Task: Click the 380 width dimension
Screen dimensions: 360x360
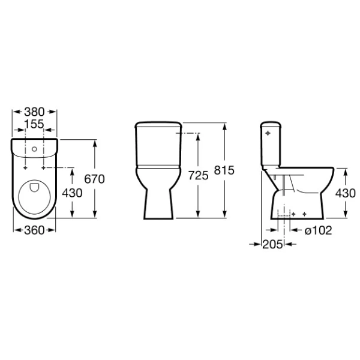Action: (34, 112)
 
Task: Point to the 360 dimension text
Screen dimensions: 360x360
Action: (34, 230)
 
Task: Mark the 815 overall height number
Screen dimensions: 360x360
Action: (224, 171)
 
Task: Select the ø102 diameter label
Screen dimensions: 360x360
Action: (317, 230)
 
